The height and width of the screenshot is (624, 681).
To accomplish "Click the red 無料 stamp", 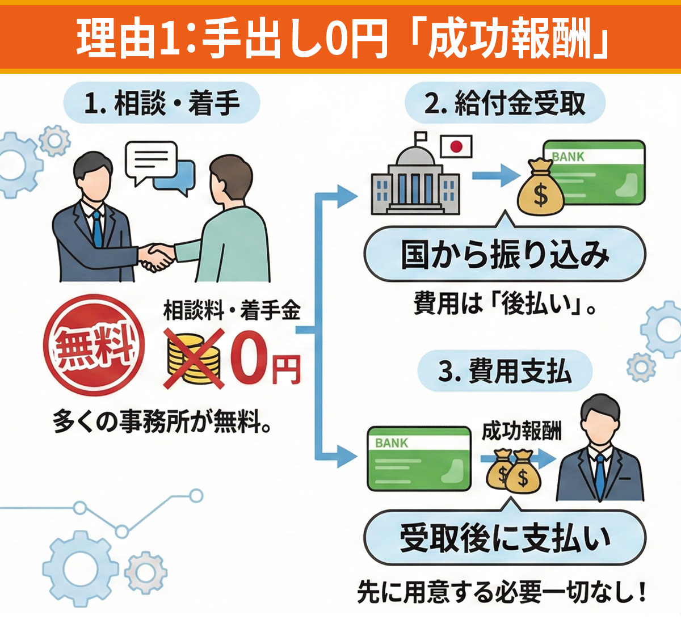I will point(94,345).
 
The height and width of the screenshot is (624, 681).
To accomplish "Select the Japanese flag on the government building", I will point(456,146).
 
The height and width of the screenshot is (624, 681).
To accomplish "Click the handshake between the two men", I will point(155,256).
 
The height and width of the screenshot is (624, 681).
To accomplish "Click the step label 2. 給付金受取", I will point(505,104).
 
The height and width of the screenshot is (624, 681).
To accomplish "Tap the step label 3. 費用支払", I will point(505,372).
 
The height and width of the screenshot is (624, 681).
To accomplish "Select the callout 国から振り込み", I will point(505,255).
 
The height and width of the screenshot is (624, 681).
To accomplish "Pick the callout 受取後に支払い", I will point(505,538).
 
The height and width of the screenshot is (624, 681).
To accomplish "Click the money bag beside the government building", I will point(540,188).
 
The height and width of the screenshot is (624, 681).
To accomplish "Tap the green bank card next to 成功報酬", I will point(419,458).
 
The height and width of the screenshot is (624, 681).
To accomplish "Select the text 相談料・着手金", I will point(232,310).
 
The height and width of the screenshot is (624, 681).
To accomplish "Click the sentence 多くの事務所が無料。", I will point(162,421).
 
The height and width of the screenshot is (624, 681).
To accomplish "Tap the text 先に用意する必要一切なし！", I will point(502,593).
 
